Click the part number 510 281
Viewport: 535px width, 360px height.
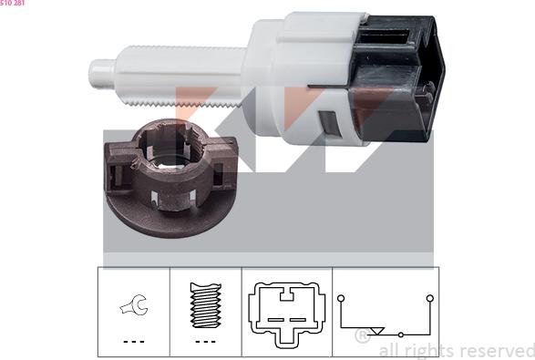[x=13, y=4]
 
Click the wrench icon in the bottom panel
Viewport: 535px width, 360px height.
[x=133, y=307]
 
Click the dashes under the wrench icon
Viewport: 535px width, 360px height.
[x=134, y=341]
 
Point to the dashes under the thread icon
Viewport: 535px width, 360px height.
[x=205, y=341]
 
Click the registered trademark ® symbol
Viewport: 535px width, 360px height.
[x=362, y=336]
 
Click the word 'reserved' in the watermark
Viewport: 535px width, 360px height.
[x=493, y=351]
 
